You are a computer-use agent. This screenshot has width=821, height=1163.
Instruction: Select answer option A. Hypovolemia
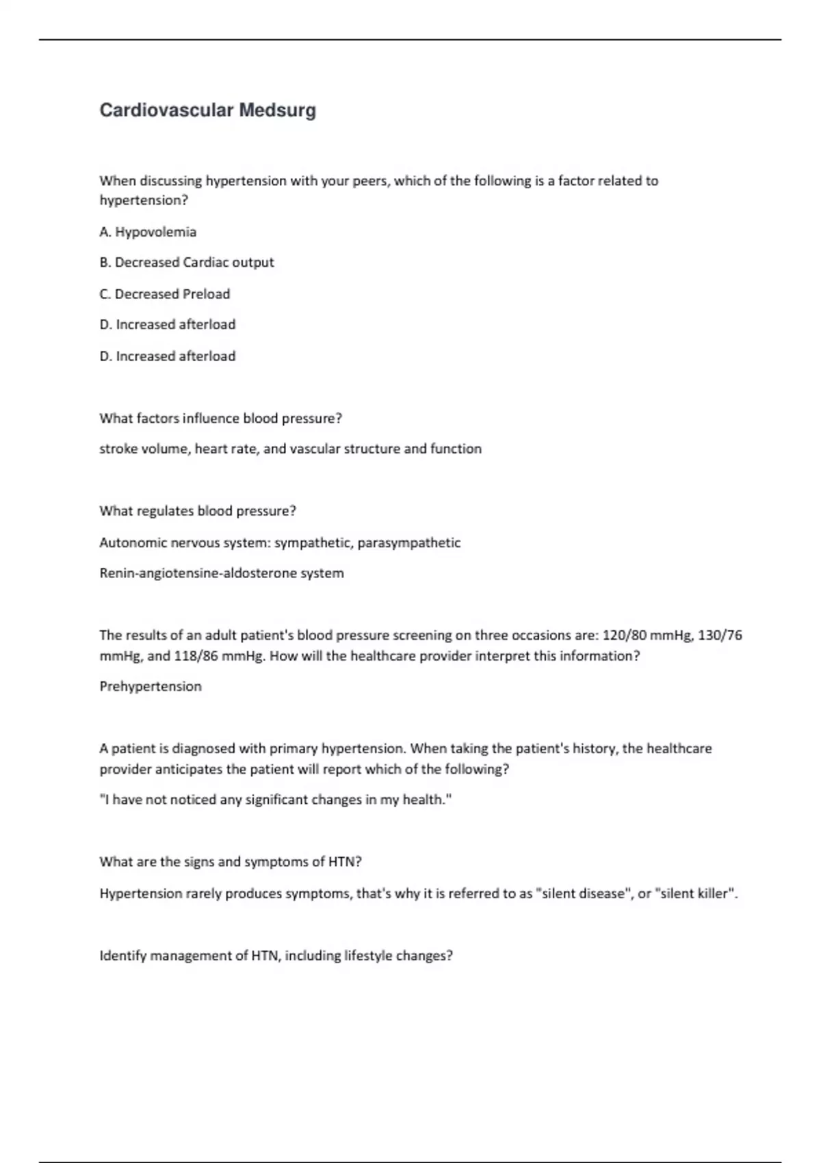(148, 232)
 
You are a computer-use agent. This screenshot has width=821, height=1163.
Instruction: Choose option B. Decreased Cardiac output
(187, 263)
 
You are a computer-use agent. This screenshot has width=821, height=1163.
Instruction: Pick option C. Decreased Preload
(165, 294)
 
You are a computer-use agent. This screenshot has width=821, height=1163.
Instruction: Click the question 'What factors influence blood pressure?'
(220, 418)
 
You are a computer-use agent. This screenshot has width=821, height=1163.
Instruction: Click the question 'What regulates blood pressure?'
(198, 511)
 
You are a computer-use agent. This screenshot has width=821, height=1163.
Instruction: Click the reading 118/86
(196, 656)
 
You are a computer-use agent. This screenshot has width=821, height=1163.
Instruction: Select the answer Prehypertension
(151, 687)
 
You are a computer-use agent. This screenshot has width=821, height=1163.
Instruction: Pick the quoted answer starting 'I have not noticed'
(276, 800)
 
